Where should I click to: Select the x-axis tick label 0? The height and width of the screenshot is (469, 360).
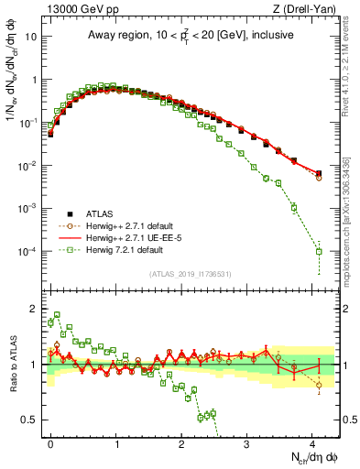50,442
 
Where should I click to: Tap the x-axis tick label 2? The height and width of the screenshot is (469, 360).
181,442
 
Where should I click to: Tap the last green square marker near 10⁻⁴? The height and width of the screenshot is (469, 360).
319,251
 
